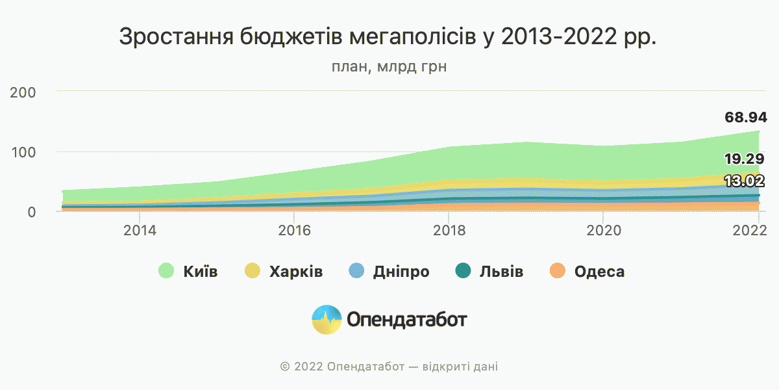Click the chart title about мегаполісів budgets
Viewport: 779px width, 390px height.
click(x=388, y=37)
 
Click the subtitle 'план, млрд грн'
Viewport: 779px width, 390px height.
click(x=389, y=67)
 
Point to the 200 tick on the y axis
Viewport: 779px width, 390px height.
click(x=23, y=92)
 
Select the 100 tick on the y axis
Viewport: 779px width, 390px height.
click(x=23, y=152)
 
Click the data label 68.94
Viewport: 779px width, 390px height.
click(x=746, y=118)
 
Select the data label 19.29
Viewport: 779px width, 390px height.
click(x=744, y=159)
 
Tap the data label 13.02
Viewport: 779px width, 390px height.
click(x=744, y=181)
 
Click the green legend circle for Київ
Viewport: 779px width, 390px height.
click(x=167, y=272)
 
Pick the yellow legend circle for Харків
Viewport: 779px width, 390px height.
click(x=252, y=272)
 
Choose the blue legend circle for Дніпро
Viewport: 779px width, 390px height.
click(x=356, y=272)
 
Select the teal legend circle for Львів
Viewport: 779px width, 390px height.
click(x=462, y=272)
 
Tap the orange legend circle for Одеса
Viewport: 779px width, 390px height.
click(x=558, y=272)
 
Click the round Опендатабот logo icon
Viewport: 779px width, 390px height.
click(x=327, y=320)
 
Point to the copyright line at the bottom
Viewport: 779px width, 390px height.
click(x=389, y=367)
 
